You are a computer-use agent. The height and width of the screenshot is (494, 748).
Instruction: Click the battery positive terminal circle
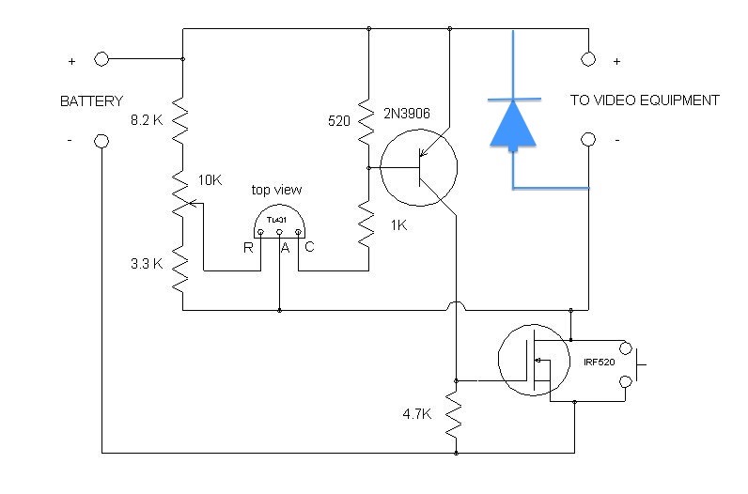click(101, 59)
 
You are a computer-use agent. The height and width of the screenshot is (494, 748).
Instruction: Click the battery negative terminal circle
click(101, 141)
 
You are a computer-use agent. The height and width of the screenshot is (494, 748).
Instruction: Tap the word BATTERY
click(91, 101)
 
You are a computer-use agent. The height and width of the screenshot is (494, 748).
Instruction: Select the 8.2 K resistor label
click(147, 120)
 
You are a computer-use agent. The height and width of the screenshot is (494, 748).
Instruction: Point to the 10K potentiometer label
click(210, 180)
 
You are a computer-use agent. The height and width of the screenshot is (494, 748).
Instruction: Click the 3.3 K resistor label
click(147, 264)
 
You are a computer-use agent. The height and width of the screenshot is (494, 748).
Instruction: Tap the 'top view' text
click(276, 190)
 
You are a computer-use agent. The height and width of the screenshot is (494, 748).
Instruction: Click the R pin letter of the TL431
click(248, 248)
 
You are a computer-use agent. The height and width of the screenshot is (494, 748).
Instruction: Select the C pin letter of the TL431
click(309, 246)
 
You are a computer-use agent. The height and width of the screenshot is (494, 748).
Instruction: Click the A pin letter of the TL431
click(285, 248)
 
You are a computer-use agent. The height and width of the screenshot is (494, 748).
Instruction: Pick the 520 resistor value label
click(339, 121)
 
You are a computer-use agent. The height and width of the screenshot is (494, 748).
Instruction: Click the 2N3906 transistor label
click(407, 114)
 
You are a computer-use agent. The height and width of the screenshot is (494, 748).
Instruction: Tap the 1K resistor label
click(398, 225)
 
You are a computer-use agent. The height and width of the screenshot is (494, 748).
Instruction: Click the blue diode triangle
click(513, 125)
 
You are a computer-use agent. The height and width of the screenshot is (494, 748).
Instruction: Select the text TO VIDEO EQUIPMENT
click(645, 100)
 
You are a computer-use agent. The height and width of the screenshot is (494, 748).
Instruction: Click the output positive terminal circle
click(588, 59)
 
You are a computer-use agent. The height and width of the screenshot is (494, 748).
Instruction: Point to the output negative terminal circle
click(588, 139)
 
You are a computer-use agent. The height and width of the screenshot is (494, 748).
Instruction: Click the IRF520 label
click(600, 363)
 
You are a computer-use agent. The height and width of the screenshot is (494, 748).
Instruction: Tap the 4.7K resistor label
click(417, 414)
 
